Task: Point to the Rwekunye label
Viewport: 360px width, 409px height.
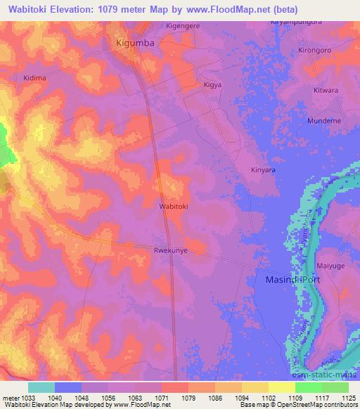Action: click(170, 249)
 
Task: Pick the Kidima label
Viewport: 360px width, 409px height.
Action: click(34, 78)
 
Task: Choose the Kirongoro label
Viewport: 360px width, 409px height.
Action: click(314, 51)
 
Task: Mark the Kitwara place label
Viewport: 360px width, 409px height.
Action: click(326, 91)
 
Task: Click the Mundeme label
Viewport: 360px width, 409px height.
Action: click(324, 121)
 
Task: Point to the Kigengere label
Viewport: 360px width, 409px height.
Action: click(183, 26)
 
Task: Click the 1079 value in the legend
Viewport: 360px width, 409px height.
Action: click(191, 397)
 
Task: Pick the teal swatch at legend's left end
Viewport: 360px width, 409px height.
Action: click(41, 387)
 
